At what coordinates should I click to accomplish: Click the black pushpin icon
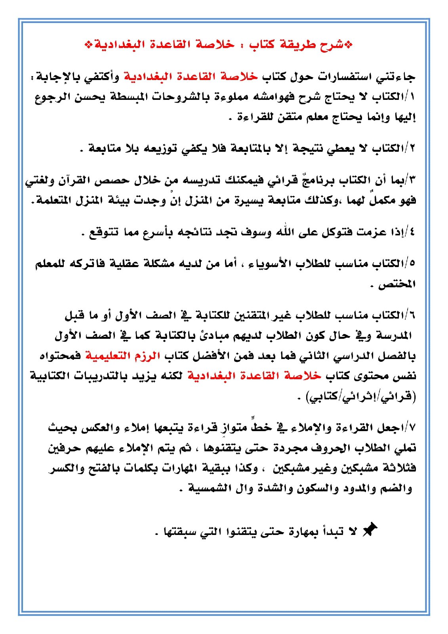coord(370,530)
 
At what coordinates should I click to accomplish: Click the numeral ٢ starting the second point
coord(412,149)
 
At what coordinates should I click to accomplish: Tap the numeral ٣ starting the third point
coord(412,181)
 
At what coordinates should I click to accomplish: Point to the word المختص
coord(397,284)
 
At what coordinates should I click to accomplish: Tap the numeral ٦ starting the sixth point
coord(412,316)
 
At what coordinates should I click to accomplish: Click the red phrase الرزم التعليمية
coord(123,356)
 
